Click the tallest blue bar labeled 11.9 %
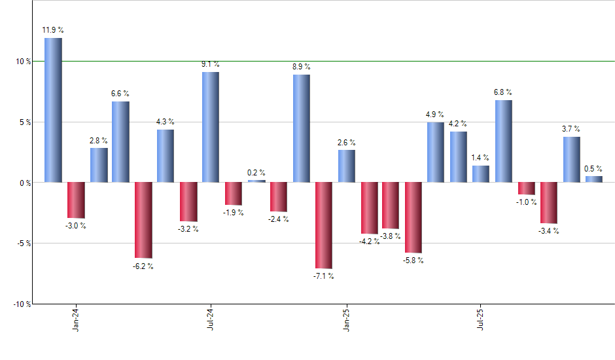coord(53,110)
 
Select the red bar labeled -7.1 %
coord(324,225)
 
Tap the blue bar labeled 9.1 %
coord(211,127)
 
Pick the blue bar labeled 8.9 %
coord(302,128)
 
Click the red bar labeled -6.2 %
coord(143,220)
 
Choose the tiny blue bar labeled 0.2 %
coord(256,181)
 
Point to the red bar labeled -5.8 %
coord(413,217)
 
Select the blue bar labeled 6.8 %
coord(503,141)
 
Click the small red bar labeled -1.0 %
coord(526,189)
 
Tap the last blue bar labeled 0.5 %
coord(593,179)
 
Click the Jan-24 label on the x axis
coord(77,319)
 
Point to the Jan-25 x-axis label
coord(346,319)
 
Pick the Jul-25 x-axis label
coord(481,319)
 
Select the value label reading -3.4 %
coord(548,231)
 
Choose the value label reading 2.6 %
coord(347,142)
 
